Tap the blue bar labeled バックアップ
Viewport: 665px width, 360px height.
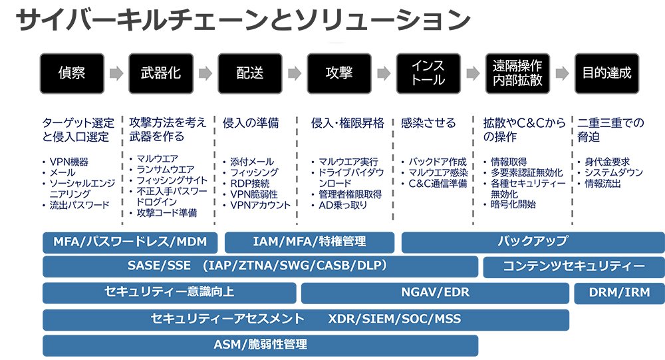[533, 242]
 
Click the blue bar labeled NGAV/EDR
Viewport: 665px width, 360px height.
[435, 292]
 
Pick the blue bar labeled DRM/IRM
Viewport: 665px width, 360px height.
[618, 292]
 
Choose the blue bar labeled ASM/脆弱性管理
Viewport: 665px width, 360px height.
[260, 345]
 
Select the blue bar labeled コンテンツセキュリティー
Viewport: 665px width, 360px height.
[573, 267]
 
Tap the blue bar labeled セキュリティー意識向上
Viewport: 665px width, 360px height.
[169, 292]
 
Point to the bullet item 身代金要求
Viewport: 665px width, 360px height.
[607, 162]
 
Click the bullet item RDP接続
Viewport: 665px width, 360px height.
[250, 183]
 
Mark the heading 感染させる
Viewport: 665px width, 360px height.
[428, 123]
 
